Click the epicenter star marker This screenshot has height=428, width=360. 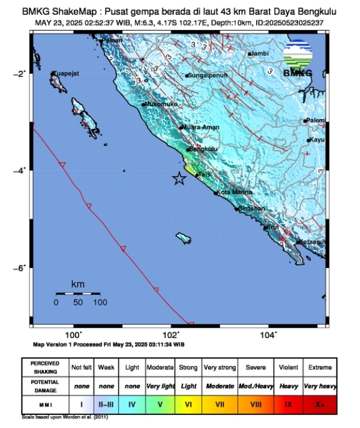click(179, 178)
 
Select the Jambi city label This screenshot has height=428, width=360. click(259, 53)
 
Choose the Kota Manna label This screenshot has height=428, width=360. click(232, 192)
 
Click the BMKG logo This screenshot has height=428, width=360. click(298, 57)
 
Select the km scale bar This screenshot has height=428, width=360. click(78, 293)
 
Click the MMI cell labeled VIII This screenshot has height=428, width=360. click(256, 405)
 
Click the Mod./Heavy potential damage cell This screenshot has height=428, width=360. click(256, 386)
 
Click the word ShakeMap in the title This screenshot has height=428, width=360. click(72, 11)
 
